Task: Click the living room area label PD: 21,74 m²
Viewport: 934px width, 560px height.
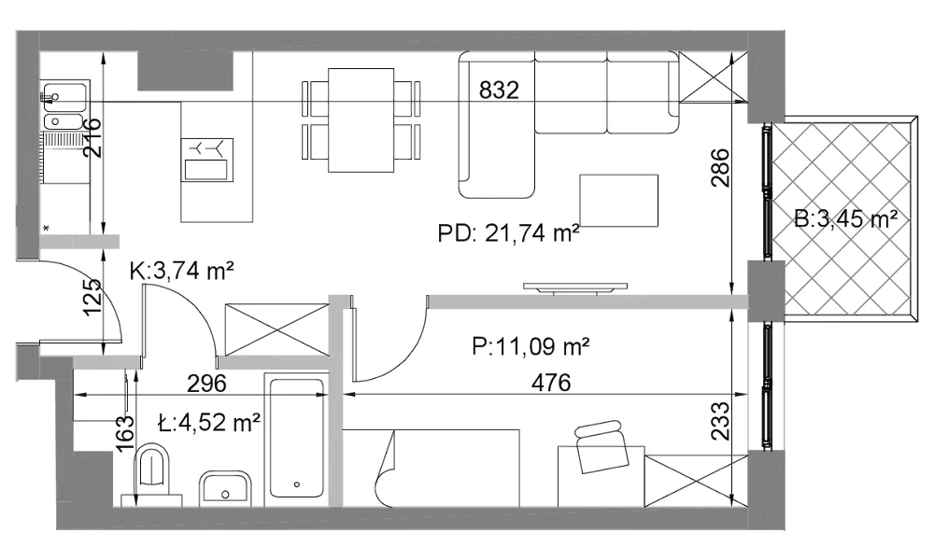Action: tap(508, 232)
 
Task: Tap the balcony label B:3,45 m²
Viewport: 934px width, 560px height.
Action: tap(846, 219)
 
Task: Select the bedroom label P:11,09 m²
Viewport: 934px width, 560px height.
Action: tap(531, 345)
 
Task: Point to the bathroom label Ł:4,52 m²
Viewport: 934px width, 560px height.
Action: tap(209, 423)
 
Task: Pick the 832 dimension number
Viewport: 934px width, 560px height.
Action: tap(499, 91)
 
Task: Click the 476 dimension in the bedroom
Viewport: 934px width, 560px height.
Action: tap(551, 383)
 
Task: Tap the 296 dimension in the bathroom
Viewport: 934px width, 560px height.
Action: tap(206, 384)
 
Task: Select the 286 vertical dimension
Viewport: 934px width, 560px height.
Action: tap(719, 168)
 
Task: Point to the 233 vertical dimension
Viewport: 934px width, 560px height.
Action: tap(719, 421)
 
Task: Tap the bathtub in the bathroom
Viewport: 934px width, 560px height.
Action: tap(297, 438)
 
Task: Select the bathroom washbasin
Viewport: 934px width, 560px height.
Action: tap(225, 488)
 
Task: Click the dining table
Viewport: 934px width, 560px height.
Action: tap(361, 120)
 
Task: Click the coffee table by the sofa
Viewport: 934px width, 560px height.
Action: tap(618, 201)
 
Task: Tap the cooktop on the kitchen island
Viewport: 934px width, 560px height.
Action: tap(207, 160)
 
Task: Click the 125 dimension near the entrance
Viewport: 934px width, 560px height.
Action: tap(92, 297)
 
